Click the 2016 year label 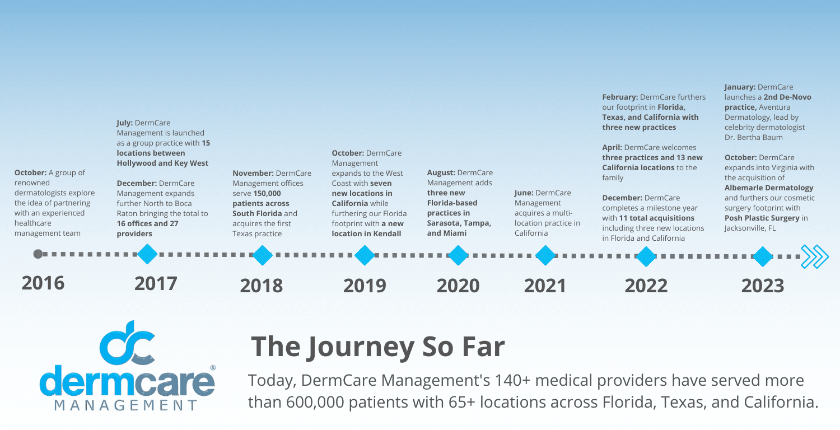(x=43, y=283)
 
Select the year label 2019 (x=365, y=286)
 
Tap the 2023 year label (x=763, y=286)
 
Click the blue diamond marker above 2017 (x=147, y=255)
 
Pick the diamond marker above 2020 (x=458, y=256)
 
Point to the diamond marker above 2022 (x=646, y=256)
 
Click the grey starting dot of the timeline (x=38, y=254)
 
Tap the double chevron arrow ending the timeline (x=814, y=256)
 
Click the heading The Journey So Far (x=377, y=347)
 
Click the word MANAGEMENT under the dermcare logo (x=127, y=405)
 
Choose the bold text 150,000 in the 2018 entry (x=267, y=193)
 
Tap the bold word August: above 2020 (x=441, y=172)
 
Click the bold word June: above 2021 (x=524, y=193)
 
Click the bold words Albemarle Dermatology (x=769, y=188)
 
